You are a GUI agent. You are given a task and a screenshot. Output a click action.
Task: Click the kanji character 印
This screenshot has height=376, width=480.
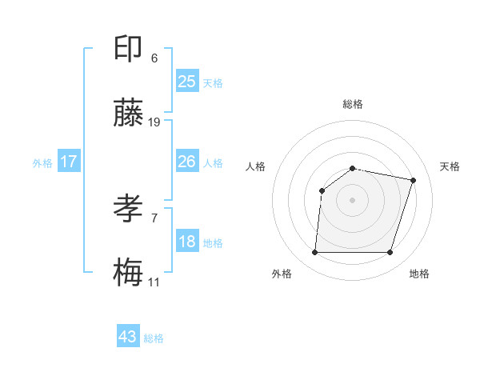[128, 50]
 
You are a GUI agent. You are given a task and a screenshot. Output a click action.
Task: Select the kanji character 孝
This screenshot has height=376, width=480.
[128, 210]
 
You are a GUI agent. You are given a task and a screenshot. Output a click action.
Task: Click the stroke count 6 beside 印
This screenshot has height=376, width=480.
[154, 58]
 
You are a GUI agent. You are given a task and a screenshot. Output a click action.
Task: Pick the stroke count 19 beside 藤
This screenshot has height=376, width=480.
[154, 122]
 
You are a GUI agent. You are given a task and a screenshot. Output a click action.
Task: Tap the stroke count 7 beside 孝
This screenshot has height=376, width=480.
[154, 218]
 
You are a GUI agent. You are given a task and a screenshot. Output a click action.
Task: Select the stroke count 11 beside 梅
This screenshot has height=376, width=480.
[154, 282]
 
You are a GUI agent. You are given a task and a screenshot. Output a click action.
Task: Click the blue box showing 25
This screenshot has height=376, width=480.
[186, 82]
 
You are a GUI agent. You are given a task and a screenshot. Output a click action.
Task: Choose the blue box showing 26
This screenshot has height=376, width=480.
[186, 162]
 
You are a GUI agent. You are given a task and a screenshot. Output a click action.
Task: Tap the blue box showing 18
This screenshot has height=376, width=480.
[186, 242]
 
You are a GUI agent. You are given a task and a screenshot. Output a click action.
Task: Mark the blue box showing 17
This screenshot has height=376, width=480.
[69, 162]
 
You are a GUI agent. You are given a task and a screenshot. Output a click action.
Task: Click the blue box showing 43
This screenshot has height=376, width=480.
[128, 337]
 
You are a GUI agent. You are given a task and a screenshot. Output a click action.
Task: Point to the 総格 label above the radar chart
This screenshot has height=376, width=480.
[352, 104]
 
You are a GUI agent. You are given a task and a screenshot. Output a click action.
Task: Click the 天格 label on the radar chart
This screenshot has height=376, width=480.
[450, 166]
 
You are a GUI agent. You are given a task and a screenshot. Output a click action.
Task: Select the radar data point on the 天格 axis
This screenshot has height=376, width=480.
[414, 180]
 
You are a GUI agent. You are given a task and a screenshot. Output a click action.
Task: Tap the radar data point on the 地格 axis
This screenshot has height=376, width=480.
[390, 253]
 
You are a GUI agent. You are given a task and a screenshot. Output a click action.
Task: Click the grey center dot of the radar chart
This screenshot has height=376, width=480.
[352, 200]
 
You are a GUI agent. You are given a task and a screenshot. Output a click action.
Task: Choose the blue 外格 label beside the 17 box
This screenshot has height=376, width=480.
[42, 162]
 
